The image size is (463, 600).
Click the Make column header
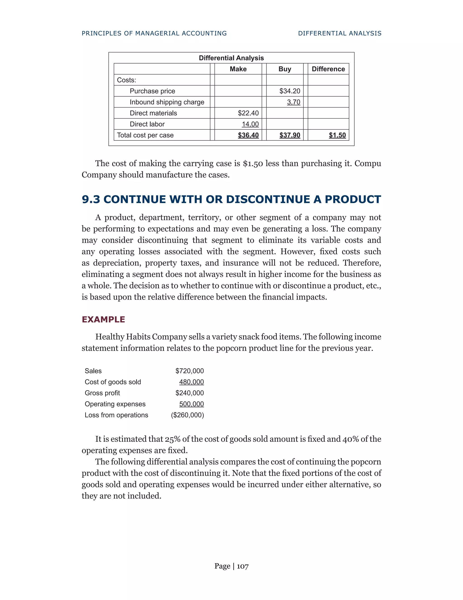[238, 69]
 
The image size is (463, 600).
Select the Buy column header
[285, 69]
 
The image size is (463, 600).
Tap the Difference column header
[328, 69]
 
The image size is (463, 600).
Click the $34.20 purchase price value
[290, 91]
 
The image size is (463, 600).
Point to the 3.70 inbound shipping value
[293, 102]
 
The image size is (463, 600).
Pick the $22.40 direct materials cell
[248, 113]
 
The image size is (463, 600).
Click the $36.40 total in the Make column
[248, 135]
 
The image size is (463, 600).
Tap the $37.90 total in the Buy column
[290, 135]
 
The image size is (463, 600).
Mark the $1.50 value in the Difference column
[337, 135]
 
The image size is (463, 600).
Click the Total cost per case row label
[145, 135]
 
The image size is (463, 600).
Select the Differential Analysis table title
[231, 58]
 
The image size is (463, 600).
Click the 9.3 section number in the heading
[91, 199]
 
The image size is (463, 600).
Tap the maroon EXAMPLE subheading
[103, 319]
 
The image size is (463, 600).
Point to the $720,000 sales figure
[189, 371]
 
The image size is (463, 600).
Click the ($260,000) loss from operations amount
[187, 415]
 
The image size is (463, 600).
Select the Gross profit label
[102, 393]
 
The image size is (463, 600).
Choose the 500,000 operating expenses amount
[191, 404]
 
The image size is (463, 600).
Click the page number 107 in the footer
[243, 566]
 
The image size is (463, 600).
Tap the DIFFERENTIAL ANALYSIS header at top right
[340, 33]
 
